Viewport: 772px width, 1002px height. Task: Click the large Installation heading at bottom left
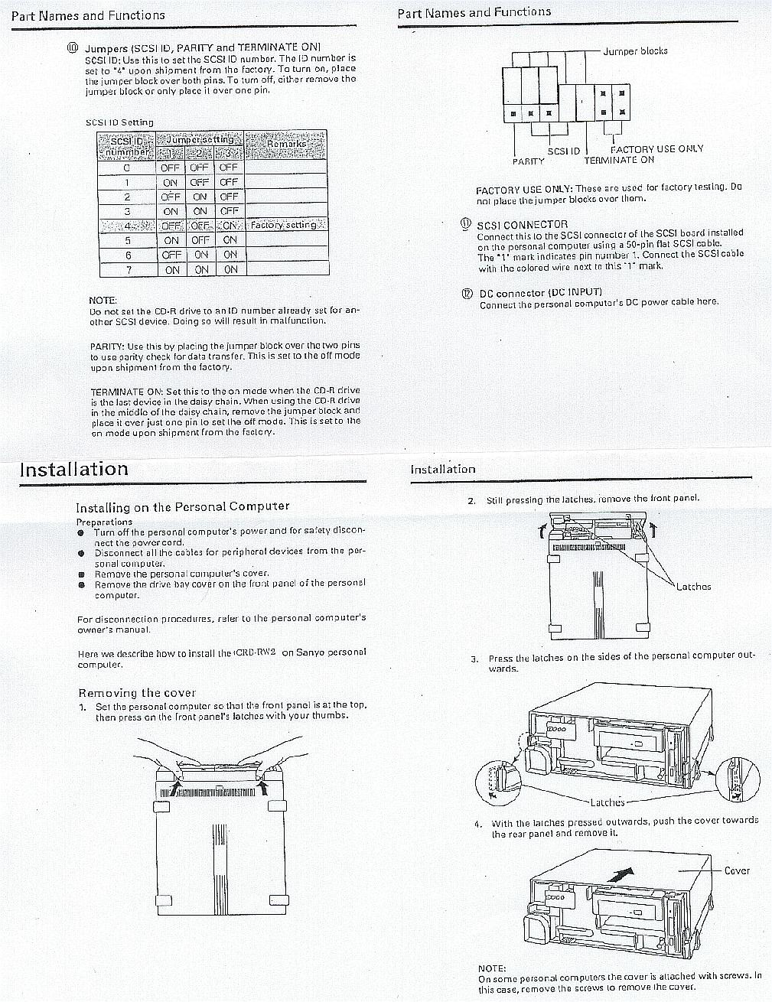click(74, 470)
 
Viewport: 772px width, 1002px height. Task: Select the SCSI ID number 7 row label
click(127, 270)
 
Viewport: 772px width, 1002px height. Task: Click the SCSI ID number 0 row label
click(127, 168)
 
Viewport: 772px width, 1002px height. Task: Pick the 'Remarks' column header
click(286, 144)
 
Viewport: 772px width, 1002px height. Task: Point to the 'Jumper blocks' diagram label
click(635, 51)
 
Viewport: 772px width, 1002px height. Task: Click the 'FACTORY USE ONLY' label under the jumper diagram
click(656, 149)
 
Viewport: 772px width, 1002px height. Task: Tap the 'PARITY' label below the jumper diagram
click(529, 161)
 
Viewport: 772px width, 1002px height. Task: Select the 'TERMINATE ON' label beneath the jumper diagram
click(619, 160)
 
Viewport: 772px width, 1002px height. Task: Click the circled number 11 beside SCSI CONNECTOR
click(466, 224)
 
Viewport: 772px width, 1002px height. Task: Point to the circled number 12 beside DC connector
click(466, 292)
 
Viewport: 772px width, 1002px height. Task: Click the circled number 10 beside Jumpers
click(73, 47)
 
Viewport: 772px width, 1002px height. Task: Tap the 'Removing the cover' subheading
click(137, 693)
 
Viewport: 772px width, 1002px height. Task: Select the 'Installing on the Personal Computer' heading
click(182, 506)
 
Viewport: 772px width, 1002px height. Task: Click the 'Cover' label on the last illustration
click(737, 870)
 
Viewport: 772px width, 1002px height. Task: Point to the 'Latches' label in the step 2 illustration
click(693, 587)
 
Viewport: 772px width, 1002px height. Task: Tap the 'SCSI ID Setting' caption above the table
click(119, 122)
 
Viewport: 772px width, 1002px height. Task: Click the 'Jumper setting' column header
click(200, 140)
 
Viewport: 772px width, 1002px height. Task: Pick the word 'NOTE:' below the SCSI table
click(103, 301)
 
